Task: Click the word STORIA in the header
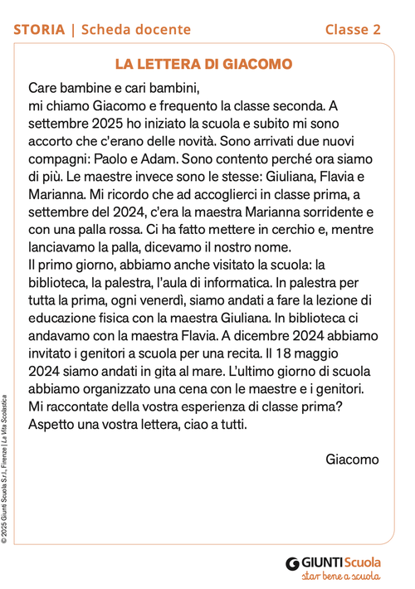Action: [x=39, y=30]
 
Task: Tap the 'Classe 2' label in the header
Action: [x=353, y=30]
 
